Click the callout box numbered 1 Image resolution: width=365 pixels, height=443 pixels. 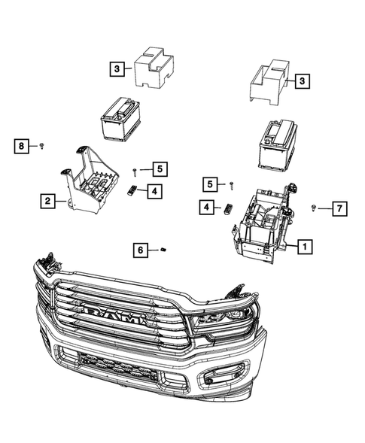pyautogui.click(x=305, y=245)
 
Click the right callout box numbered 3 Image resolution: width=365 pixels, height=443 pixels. pyautogui.click(x=301, y=80)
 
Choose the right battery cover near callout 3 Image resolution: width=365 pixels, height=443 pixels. pyautogui.click(x=267, y=80)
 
